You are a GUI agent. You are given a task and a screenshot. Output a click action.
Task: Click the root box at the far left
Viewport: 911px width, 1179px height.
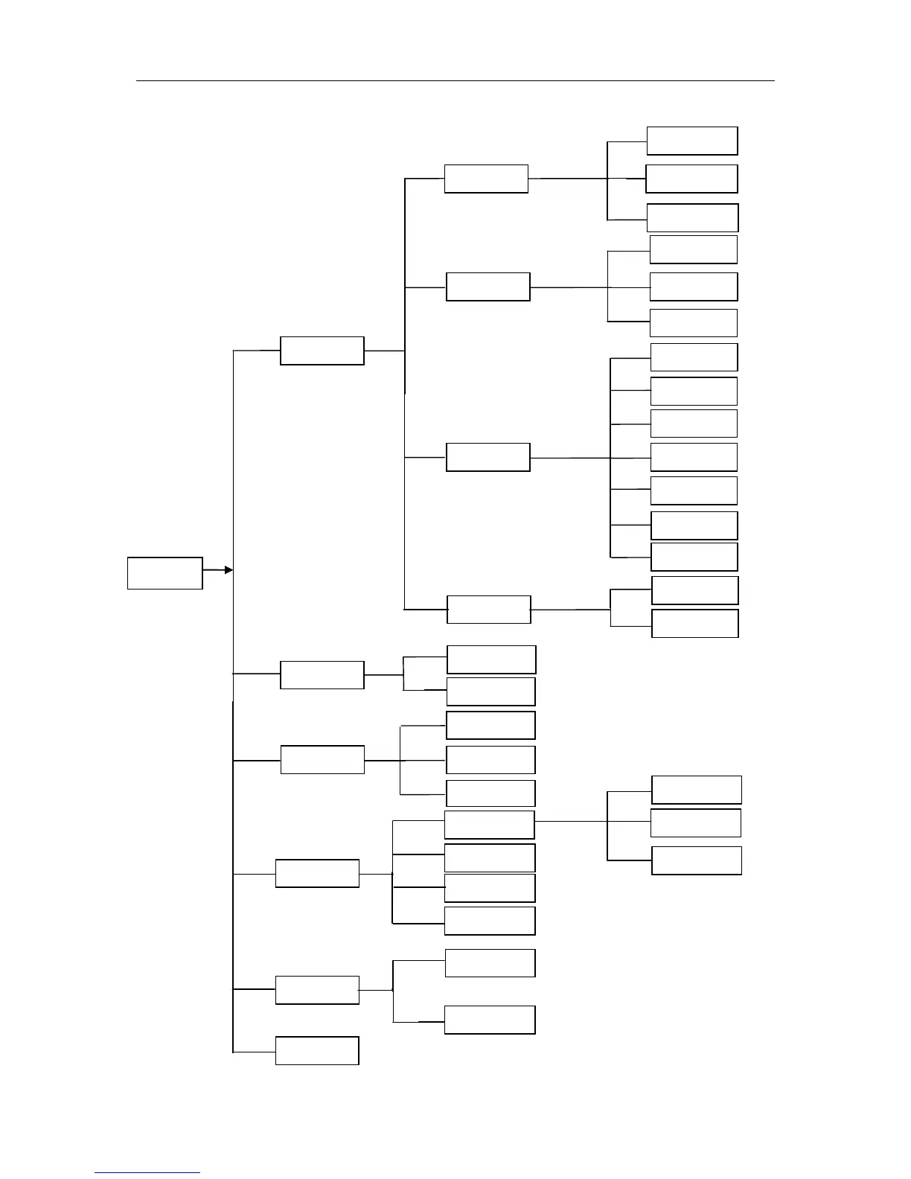pyautogui.click(x=164, y=573)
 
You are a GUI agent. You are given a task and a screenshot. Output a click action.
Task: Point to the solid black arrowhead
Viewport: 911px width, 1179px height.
pyautogui.click(x=228, y=570)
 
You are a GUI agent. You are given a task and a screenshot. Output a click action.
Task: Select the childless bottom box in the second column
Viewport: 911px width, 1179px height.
pyautogui.click(x=317, y=1050)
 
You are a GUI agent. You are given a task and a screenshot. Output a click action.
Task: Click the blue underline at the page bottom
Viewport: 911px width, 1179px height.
pyautogui.click(x=147, y=1173)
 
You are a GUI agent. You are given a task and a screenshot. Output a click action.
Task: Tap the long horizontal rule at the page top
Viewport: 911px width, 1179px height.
pyautogui.click(x=455, y=80)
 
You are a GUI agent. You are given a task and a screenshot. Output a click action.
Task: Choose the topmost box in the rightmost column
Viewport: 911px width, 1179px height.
pyautogui.click(x=692, y=141)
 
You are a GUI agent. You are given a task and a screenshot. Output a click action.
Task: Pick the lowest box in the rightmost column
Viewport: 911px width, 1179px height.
pyautogui.click(x=697, y=860)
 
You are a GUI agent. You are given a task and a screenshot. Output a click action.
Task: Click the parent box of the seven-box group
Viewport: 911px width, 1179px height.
pyautogui.click(x=488, y=457)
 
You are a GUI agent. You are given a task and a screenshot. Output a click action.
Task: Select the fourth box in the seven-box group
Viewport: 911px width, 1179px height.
pyautogui.click(x=694, y=457)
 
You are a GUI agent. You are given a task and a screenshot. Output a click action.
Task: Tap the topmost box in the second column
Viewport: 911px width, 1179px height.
pyautogui.click(x=322, y=351)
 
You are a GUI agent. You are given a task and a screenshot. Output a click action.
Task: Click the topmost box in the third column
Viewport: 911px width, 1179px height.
pyautogui.click(x=486, y=179)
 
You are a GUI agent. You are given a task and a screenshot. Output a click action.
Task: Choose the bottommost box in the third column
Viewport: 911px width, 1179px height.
pyautogui.click(x=490, y=1020)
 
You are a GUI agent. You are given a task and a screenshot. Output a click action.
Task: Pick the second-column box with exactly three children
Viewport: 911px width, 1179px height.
pyautogui.click(x=322, y=760)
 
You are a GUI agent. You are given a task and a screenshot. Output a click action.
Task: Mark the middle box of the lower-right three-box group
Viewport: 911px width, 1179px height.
pyautogui.click(x=696, y=822)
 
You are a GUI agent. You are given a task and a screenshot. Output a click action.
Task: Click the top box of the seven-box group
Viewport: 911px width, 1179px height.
pyautogui.click(x=694, y=357)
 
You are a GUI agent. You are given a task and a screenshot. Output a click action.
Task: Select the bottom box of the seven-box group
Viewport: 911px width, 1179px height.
pyautogui.click(x=694, y=557)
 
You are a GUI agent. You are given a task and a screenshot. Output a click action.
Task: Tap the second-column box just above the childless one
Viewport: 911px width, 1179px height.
pyautogui.click(x=317, y=990)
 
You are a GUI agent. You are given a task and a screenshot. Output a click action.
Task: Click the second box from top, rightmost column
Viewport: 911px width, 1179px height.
pyautogui.click(x=691, y=179)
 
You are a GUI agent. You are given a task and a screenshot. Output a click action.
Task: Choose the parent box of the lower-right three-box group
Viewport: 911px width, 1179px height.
pyautogui.click(x=489, y=825)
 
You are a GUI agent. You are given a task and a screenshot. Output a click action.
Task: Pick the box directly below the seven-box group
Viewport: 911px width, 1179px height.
pyautogui.click(x=694, y=590)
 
